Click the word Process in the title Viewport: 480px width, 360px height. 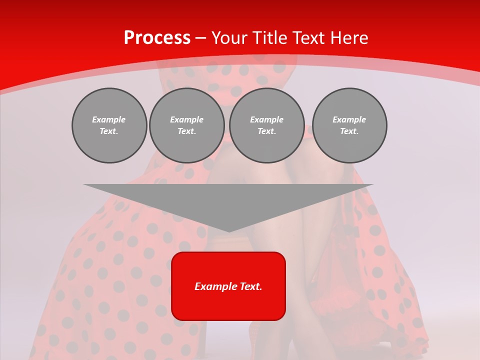pyautogui.click(x=157, y=38)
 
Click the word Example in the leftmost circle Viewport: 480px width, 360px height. pyautogui.click(x=109, y=119)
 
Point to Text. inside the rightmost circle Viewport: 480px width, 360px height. pyautogui.click(x=349, y=131)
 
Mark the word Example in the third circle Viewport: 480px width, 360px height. pyautogui.click(x=266, y=119)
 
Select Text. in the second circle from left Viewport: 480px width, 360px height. pyautogui.click(x=187, y=131)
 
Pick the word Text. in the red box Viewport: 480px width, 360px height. pyautogui.click(x=250, y=286)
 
